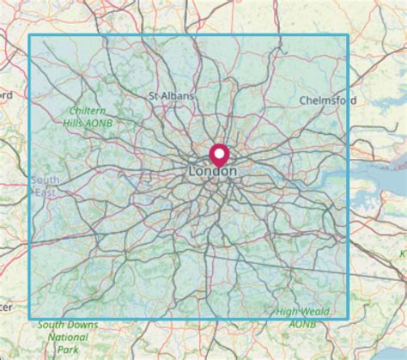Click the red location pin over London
(219, 156)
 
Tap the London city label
(211, 172)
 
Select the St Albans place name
(172, 96)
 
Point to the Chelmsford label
(328, 101)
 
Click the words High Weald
(301, 310)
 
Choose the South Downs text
(68, 325)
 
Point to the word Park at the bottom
(69, 350)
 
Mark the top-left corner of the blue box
(30, 35)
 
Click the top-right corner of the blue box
(348, 35)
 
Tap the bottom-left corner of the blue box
(30, 320)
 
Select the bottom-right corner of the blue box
(348, 320)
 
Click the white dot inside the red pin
(219, 153)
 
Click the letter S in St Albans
(152, 96)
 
